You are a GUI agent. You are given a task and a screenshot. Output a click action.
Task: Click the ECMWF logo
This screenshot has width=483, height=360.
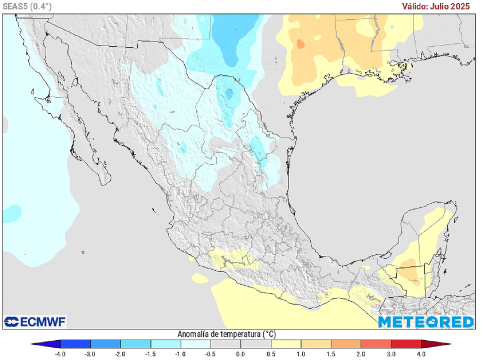click(35, 322)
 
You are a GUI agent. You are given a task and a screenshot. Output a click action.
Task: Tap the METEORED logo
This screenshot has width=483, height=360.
click(426, 322)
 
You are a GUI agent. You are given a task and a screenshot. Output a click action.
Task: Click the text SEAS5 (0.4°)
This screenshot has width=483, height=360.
click(27, 6)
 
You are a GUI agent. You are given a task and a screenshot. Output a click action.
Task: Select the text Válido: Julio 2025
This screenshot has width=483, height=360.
click(436, 6)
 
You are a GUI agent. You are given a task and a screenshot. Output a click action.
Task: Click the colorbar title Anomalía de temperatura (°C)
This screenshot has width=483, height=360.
click(226, 334)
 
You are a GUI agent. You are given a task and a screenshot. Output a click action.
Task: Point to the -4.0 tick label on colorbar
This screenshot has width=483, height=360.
click(60, 354)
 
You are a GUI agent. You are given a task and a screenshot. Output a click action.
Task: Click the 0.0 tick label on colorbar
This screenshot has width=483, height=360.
click(241, 354)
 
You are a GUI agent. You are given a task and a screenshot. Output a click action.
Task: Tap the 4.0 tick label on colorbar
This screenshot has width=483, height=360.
click(421, 354)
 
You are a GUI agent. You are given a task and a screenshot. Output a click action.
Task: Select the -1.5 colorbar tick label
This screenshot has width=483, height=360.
click(150, 354)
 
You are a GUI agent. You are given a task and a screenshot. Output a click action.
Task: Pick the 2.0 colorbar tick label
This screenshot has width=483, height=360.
click(361, 354)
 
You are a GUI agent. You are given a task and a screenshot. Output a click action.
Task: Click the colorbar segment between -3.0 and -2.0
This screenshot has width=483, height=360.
click(106, 344)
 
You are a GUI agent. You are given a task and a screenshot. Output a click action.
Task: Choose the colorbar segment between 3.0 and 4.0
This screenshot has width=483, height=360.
click(406, 344)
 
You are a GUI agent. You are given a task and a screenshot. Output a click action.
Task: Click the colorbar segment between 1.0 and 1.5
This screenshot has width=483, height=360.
click(316, 344)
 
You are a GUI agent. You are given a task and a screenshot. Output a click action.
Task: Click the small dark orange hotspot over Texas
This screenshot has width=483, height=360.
click(300, 44)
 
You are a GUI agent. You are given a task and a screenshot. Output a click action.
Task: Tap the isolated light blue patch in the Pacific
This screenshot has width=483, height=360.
click(12, 212)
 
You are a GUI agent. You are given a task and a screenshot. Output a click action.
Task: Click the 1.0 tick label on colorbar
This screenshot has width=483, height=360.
click(301, 354)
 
